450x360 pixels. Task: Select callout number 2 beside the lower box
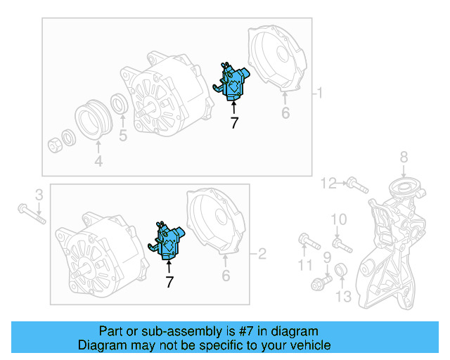pos(262,253)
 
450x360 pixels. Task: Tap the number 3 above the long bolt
pos(39,194)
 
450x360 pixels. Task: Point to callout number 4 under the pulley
pos(98,161)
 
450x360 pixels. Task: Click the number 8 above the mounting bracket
pos(404,157)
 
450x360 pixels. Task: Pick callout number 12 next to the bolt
pos(329,184)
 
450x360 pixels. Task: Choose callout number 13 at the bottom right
pos(342,297)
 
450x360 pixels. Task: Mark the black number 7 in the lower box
pos(169,281)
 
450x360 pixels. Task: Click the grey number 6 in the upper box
pos(285,112)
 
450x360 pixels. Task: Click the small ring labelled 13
pos(340,270)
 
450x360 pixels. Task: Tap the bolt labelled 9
pos(321,283)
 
